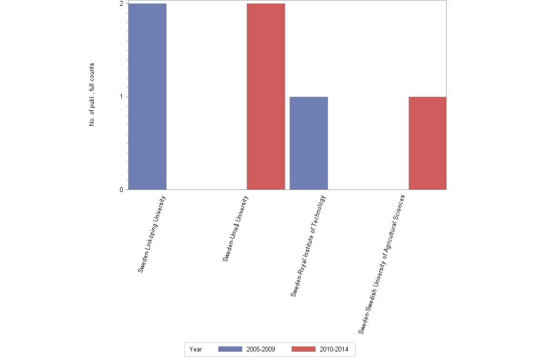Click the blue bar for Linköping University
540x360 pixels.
pyautogui.click(x=147, y=97)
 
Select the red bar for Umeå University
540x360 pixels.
pyautogui.click(x=266, y=97)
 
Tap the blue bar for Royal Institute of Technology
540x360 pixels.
pyautogui.click(x=309, y=143)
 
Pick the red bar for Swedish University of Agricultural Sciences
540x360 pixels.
pyautogui.click(x=427, y=143)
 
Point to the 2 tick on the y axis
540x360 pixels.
pyautogui.click(x=121, y=4)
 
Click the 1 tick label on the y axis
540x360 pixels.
pyautogui.click(x=121, y=97)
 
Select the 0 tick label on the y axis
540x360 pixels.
pyautogui.click(x=121, y=190)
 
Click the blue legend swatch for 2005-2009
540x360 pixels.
pyautogui.click(x=230, y=349)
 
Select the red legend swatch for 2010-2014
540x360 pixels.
pyautogui.click(x=303, y=349)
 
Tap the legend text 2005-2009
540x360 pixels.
pyautogui.click(x=260, y=349)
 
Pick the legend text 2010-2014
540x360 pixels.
pyautogui.click(x=334, y=349)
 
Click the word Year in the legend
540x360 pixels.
pyautogui.click(x=196, y=349)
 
